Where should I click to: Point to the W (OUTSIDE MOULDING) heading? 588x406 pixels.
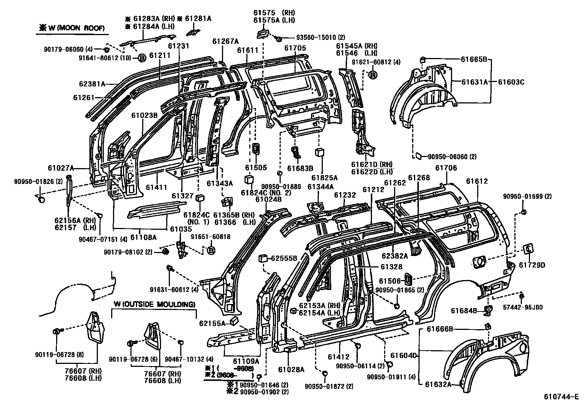[154, 304]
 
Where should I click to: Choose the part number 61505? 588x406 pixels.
[256, 167]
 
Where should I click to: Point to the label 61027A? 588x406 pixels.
[61, 168]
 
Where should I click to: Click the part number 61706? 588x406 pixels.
[446, 168]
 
